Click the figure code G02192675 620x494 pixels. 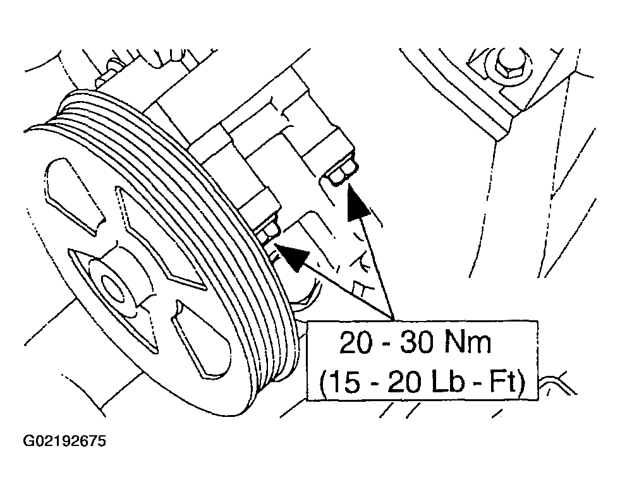click(65, 441)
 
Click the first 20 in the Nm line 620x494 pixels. click(356, 342)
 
